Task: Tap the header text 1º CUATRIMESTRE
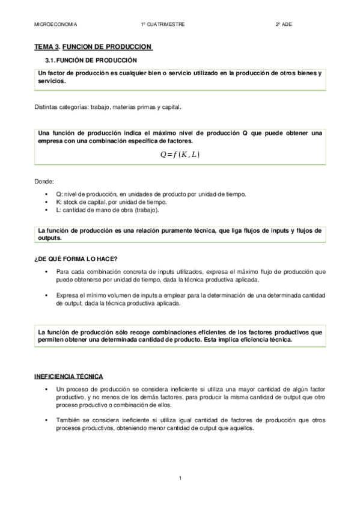163,24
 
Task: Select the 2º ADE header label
282,24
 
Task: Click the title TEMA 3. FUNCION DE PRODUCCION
93,46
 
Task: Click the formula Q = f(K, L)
180,155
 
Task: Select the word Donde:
45,181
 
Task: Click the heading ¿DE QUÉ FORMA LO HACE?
76,259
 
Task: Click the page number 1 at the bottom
180,478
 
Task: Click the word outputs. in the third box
50,238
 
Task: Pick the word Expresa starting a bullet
68,296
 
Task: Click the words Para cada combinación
88,272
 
